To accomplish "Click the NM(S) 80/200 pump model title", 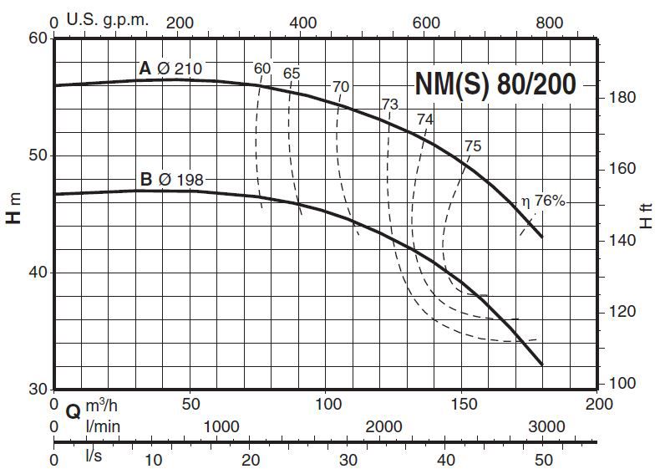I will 495,84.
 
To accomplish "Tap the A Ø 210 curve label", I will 170,69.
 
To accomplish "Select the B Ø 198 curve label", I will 170,178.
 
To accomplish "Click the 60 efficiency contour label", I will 262,68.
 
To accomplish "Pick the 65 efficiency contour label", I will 291,74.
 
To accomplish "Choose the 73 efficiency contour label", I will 389,105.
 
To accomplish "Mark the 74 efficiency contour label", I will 425,120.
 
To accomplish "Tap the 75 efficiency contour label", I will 472,146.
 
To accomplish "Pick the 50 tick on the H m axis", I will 38,155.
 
